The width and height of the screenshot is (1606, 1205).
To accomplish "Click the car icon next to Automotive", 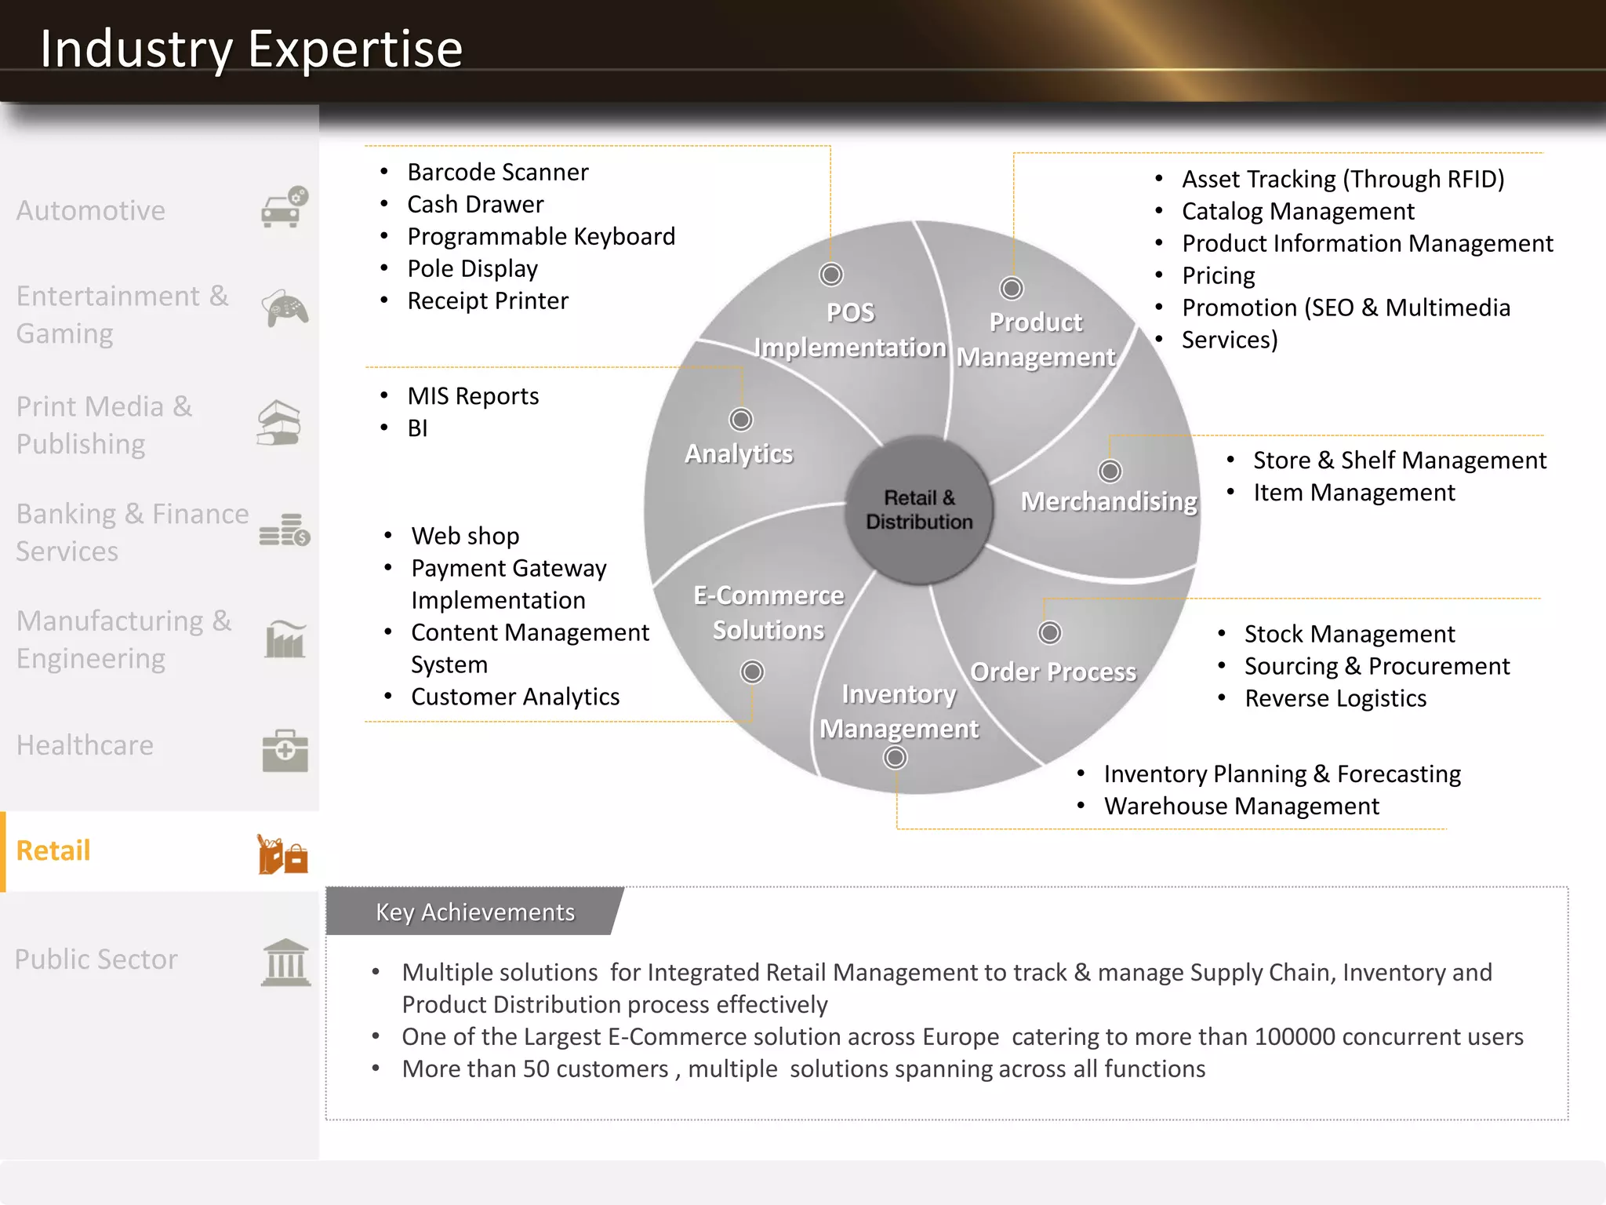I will (284, 208).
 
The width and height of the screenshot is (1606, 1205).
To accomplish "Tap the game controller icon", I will (284, 308).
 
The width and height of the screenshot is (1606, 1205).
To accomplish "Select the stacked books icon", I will (280, 423).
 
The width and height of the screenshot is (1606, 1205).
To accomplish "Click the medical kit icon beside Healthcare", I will (285, 750).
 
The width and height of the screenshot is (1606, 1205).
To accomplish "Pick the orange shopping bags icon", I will (282, 854).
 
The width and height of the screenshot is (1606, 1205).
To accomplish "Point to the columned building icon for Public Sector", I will (285, 962).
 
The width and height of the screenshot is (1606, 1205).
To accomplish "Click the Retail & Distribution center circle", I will (919, 510).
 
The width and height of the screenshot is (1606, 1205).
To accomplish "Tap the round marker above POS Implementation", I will (831, 275).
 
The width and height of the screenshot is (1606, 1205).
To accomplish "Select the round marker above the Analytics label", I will (740, 420).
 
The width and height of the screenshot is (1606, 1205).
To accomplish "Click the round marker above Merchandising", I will (1110, 471).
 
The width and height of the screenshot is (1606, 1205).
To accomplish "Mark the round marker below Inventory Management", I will (896, 758).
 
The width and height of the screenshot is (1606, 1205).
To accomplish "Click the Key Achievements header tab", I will (474, 912).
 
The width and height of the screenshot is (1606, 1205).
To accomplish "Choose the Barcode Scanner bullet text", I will (497, 172).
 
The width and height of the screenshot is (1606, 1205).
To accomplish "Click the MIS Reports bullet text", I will (473, 396).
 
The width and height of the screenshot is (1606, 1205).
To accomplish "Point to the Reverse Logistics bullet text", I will (1335, 698).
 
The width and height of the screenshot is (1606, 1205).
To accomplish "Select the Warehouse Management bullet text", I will (1241, 806).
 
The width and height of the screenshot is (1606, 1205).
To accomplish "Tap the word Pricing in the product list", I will (1218, 275).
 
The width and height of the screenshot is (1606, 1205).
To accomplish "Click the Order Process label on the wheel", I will (1053, 672).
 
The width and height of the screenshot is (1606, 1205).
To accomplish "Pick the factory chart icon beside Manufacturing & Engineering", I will (285, 639).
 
